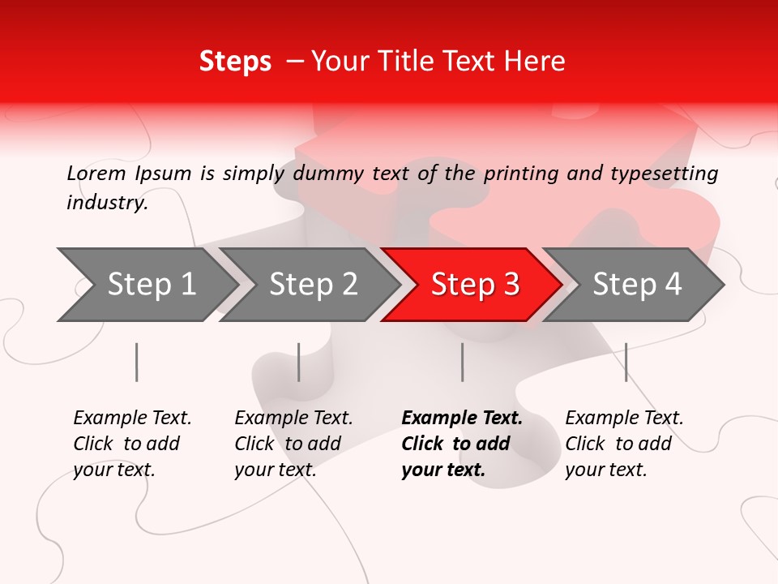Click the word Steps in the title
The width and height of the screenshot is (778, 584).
tap(235, 62)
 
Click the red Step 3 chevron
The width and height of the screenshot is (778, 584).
tap(474, 285)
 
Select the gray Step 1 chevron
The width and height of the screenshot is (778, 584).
tap(151, 285)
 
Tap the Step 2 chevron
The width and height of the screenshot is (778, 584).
tap(313, 285)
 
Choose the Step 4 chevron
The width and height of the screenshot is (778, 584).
tap(636, 285)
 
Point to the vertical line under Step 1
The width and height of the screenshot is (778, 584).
tap(137, 362)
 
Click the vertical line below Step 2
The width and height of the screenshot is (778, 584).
tap(299, 362)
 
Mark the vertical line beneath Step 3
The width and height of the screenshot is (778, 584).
tap(463, 362)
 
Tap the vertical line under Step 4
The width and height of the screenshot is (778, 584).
tap(626, 362)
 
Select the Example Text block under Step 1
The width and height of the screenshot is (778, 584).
tap(132, 444)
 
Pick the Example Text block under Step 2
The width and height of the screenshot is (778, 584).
tap(293, 444)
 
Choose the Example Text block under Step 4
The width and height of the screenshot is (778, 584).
tap(624, 444)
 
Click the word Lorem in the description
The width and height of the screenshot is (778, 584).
tap(96, 173)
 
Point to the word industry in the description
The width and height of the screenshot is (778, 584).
tap(107, 203)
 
